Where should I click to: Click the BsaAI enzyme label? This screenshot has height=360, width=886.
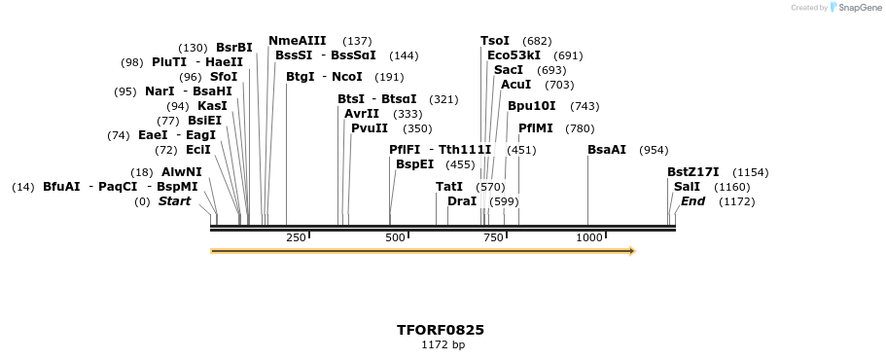pos(607,150)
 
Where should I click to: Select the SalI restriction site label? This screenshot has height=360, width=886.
pos(687,187)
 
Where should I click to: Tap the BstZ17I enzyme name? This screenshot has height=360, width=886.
pos(693,172)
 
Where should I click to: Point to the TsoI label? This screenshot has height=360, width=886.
pos(495,41)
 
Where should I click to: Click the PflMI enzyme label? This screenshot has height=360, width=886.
pos(536,128)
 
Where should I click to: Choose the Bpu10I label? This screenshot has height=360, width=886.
pos(532,106)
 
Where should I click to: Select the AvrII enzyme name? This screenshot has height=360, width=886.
pos(362,114)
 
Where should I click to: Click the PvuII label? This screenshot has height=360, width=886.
pos(370,128)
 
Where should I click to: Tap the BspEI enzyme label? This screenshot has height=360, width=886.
pos(415,164)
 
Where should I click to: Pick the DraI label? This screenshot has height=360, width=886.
pos(462,201)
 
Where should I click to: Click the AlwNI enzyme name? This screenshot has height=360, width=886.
pos(182,172)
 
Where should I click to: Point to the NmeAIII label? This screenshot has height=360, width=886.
pos(298,41)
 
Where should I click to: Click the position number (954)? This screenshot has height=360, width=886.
pos(654,150)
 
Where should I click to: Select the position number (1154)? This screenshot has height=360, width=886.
pos(750,172)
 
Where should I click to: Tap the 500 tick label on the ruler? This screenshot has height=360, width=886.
pos(395,238)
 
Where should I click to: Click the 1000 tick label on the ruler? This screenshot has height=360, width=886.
pos(588,238)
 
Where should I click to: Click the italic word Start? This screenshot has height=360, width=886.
pos(175,201)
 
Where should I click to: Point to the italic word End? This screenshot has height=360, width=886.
pos(693,201)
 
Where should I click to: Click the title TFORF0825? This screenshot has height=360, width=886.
pos(441,330)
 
